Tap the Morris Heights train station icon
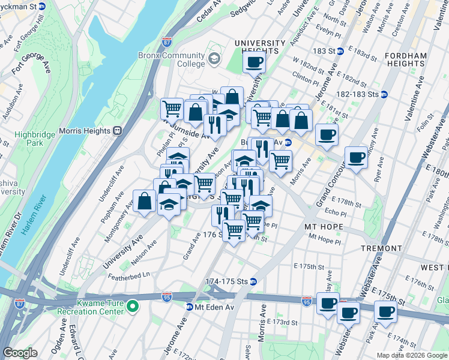(118, 130)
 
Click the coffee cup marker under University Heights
(254, 62)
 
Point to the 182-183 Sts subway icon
(384, 94)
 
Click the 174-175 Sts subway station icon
(253, 281)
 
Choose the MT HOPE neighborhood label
(324, 227)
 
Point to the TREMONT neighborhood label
(381, 248)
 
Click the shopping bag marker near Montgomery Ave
(145, 202)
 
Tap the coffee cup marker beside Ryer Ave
(357, 157)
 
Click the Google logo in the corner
(20, 353)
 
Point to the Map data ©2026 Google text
(412, 355)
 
